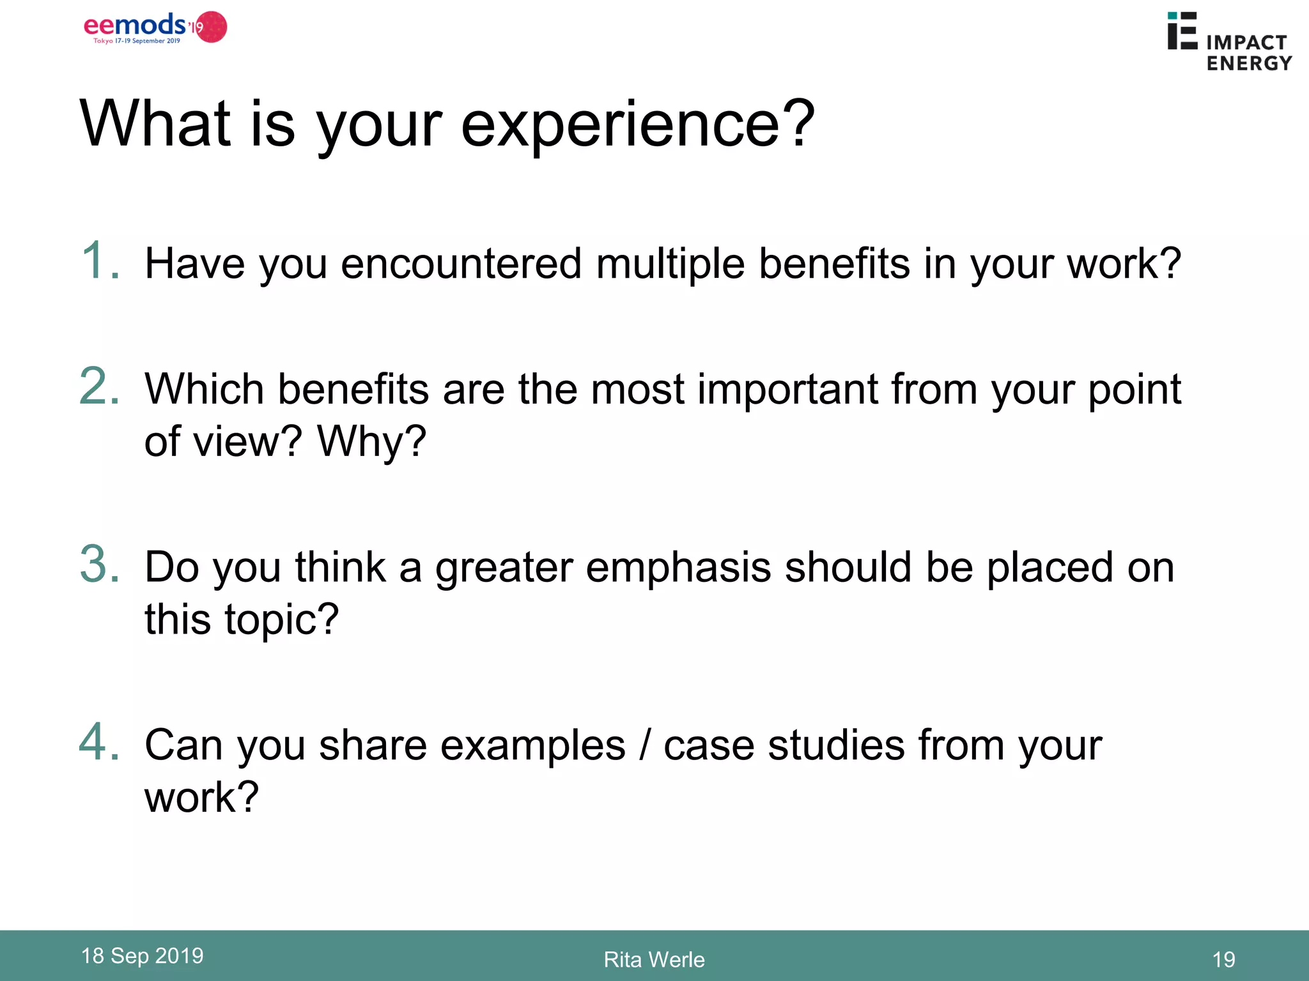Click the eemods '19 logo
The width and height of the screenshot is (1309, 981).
tap(155, 27)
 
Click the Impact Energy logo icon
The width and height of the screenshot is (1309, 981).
tap(1182, 31)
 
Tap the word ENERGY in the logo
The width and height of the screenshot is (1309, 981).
tap(1249, 63)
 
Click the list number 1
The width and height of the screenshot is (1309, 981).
tap(99, 261)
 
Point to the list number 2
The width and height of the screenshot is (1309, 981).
tap(99, 386)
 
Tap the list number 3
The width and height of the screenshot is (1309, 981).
tap(99, 565)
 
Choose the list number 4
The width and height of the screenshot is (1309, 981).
tap(99, 742)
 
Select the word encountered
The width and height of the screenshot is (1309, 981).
tap(461, 264)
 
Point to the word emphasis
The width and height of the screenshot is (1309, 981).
tap(678, 567)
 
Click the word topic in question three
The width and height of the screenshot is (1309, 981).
tap(281, 620)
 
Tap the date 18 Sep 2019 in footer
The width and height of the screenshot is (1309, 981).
tap(142, 955)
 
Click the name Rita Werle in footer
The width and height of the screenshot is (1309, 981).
tap(654, 959)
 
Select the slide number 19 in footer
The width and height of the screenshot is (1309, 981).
tap(1223, 959)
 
